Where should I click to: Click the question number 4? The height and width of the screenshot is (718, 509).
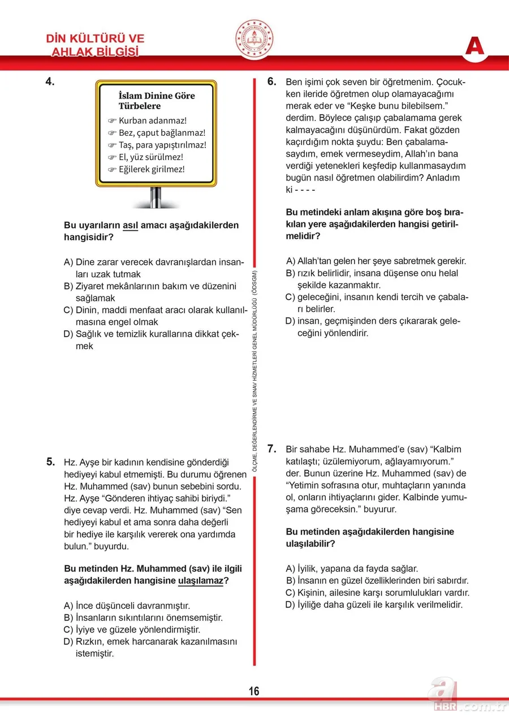click(x=50, y=82)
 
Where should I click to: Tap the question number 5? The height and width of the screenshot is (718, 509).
click(x=50, y=462)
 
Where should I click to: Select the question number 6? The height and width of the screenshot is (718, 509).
click(x=271, y=82)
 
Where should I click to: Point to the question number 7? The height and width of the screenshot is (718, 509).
click(x=271, y=449)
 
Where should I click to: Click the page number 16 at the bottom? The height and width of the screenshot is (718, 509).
click(x=253, y=691)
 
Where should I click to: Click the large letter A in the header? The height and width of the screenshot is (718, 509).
click(x=475, y=46)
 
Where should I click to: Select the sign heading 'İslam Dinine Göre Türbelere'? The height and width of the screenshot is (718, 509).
click(x=157, y=101)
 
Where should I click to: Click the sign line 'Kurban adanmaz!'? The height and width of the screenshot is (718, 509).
click(x=152, y=121)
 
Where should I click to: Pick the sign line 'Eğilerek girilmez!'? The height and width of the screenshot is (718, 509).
click(x=151, y=169)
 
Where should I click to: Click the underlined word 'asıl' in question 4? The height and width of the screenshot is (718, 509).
click(x=131, y=225)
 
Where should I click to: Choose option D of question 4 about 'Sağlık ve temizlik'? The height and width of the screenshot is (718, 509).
click(x=153, y=340)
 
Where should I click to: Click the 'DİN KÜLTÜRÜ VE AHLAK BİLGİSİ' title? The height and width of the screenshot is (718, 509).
click(x=95, y=45)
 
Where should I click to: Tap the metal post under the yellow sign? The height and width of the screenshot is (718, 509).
click(x=156, y=196)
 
